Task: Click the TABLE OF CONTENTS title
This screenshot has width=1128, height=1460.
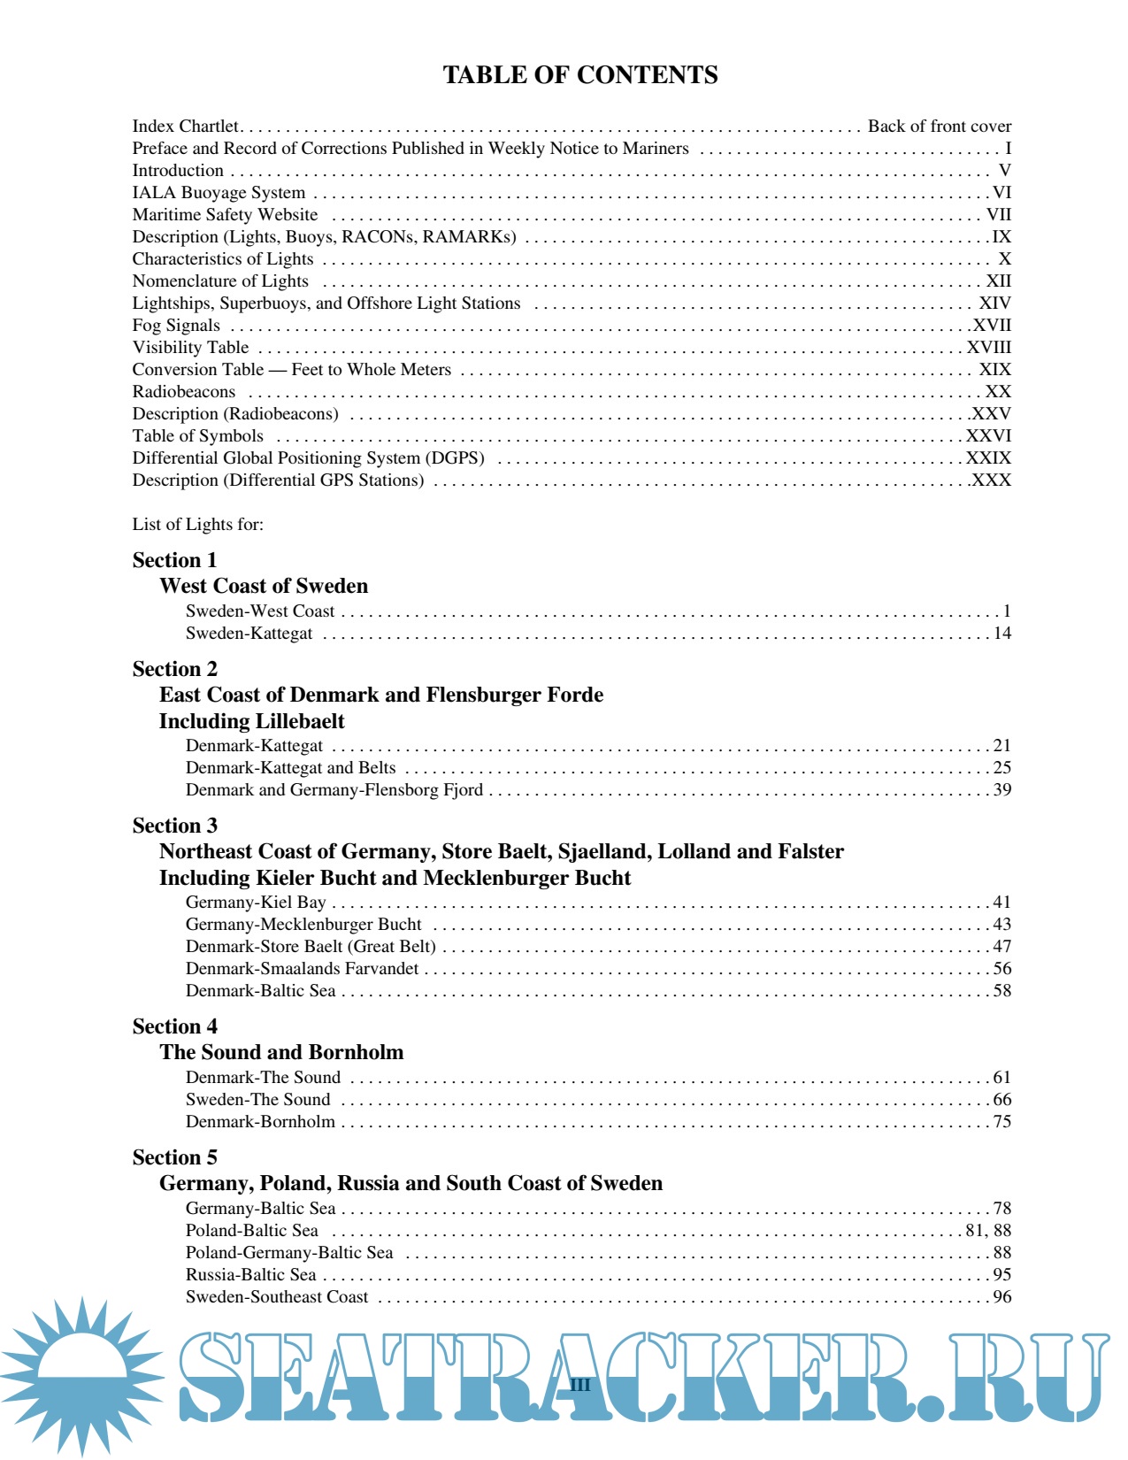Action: pyautogui.click(x=579, y=75)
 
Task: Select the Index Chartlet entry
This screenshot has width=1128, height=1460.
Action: pyautogui.click(x=185, y=127)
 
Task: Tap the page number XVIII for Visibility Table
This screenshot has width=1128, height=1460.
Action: pyautogui.click(x=988, y=348)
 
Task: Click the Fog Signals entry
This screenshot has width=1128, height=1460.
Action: pyautogui.click(x=176, y=326)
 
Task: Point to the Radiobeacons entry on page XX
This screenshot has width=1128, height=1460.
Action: pyautogui.click(x=184, y=392)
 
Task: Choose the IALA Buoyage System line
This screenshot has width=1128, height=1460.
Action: pyautogui.click(x=219, y=193)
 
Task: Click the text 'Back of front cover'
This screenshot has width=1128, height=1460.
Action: pyautogui.click(x=939, y=127)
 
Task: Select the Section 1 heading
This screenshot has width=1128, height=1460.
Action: pyautogui.click(x=174, y=560)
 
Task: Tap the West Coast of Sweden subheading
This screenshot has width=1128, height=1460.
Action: pyautogui.click(x=264, y=586)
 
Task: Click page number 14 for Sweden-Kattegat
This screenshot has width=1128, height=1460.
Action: pyautogui.click(x=1001, y=634)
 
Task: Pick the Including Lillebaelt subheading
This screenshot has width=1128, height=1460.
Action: pyautogui.click(x=252, y=721)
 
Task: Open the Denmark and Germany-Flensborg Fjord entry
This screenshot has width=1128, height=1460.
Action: pyautogui.click(x=334, y=790)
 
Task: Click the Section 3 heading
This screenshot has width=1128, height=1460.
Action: pyautogui.click(x=174, y=826)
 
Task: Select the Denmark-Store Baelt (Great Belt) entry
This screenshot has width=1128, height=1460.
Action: pyautogui.click(x=311, y=947)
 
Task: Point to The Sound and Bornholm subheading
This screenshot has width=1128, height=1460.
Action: pyautogui.click(x=281, y=1052)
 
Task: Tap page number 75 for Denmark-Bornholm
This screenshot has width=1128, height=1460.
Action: pyautogui.click(x=1001, y=1122)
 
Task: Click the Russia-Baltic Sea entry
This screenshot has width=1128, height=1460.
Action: pyautogui.click(x=250, y=1275)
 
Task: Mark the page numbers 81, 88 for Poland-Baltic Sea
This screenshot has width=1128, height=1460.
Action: pyautogui.click(x=988, y=1231)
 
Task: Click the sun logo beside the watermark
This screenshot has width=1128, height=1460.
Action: pyautogui.click(x=81, y=1377)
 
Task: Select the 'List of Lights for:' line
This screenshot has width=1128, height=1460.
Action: pyautogui.click(x=198, y=525)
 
